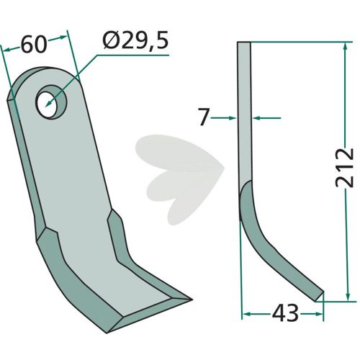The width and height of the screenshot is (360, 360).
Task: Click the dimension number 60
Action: click(33, 45)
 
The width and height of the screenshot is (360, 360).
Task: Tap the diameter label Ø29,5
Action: click(135, 40)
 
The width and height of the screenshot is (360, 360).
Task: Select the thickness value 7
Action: click(203, 117)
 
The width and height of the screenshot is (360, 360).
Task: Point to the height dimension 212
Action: click(345, 168)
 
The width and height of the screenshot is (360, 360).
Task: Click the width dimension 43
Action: click(285, 313)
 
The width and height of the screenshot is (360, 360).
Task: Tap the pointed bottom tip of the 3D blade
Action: click(192, 300)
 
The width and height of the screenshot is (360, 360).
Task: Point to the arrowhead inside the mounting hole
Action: click(49, 103)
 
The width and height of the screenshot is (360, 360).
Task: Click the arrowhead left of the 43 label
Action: click(246, 313)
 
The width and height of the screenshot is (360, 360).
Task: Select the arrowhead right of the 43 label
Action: click(319, 313)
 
